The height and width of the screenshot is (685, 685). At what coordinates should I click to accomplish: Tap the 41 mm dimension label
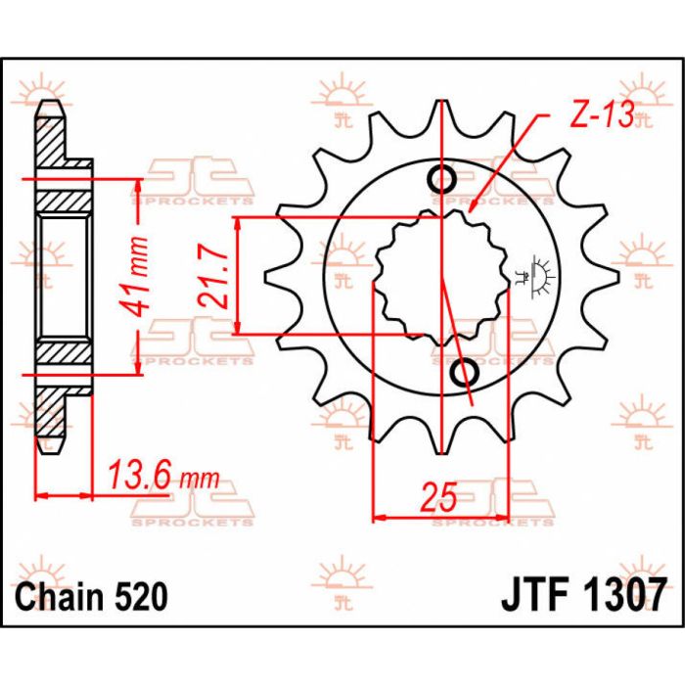tap(133, 276)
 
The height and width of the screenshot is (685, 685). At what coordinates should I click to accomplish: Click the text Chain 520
tap(92, 596)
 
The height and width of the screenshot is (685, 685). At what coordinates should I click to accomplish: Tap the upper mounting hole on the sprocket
tap(442, 179)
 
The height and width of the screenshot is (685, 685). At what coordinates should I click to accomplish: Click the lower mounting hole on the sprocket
tap(464, 373)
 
